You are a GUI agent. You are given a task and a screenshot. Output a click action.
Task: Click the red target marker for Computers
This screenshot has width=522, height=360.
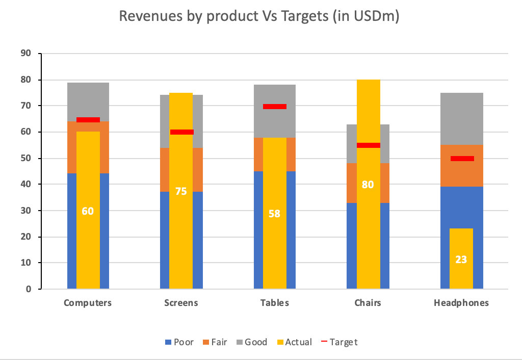pyautogui.click(x=88, y=120)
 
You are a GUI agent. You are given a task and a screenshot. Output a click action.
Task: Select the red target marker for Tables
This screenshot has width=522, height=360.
pyautogui.click(x=274, y=107)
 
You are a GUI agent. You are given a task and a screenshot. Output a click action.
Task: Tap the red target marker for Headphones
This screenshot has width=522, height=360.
pyautogui.click(x=462, y=159)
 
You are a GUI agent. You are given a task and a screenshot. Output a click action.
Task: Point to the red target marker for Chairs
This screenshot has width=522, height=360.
pyautogui.click(x=368, y=145)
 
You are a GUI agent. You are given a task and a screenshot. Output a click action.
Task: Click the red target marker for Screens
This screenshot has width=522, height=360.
pyautogui.click(x=181, y=132)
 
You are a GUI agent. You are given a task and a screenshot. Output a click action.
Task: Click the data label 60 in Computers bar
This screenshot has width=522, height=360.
pyautogui.click(x=88, y=211)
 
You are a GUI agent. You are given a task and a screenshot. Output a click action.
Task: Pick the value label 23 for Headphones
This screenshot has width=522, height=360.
pyautogui.click(x=461, y=260)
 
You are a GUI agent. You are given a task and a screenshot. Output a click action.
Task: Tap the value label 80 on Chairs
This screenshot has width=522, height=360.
pyautogui.click(x=368, y=185)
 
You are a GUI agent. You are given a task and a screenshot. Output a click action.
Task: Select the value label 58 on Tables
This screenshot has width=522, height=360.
pyautogui.click(x=274, y=214)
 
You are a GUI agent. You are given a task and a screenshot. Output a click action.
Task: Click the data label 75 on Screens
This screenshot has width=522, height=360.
pyautogui.click(x=181, y=192)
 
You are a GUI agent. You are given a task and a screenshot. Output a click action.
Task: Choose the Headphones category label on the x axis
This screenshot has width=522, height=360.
pyautogui.click(x=461, y=303)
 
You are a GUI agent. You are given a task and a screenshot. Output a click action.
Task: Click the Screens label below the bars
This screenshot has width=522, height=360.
pyautogui.click(x=181, y=303)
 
